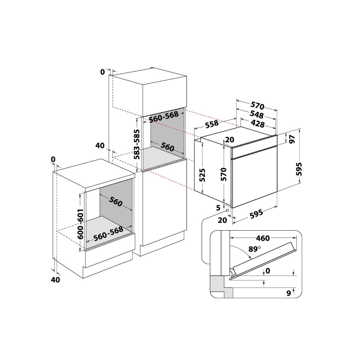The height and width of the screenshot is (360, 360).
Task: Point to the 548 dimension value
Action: (257, 115)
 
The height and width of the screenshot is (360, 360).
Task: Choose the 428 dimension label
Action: (258, 124)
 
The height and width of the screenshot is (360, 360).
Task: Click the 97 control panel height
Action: (292, 139)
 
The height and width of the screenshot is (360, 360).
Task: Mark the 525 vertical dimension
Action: (202, 175)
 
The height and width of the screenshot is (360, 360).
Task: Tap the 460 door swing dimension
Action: (263, 238)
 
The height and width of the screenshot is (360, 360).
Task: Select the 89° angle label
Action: (254, 249)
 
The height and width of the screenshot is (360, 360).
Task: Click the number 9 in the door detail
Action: (289, 293)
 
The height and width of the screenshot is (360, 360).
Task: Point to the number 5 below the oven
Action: (218, 208)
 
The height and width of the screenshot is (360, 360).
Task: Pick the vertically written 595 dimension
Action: (299, 169)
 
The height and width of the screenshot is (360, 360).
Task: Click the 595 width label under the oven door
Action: (256, 214)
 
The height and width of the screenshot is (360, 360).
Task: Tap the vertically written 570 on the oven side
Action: (223, 174)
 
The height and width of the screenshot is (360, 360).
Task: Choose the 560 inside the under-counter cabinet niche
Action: (115, 201)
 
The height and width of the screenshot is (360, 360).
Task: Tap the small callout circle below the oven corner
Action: (227, 211)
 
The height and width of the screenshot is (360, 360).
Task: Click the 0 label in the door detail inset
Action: (268, 271)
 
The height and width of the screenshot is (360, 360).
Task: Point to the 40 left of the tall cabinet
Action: (100, 145)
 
